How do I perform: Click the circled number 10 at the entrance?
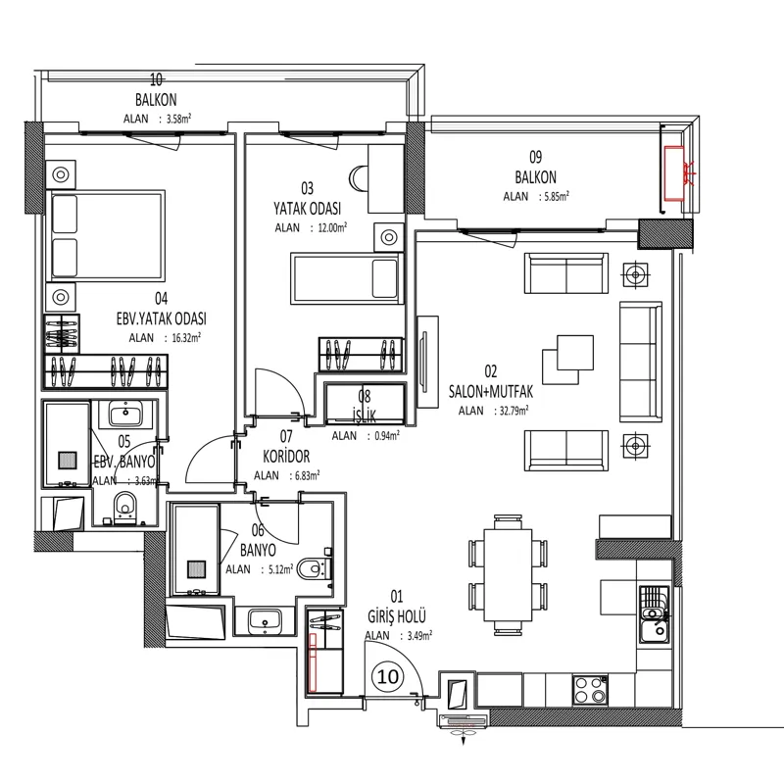[x=387, y=676]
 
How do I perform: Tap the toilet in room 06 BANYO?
[x=314, y=568]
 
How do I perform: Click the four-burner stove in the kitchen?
[x=590, y=690]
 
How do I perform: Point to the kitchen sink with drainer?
[x=654, y=613]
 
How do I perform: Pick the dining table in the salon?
[x=508, y=574]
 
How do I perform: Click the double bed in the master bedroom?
[x=106, y=235]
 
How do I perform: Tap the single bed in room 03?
[x=347, y=278]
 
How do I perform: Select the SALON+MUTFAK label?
[x=491, y=391]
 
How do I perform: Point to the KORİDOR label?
[x=286, y=456]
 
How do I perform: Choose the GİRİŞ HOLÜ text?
[x=397, y=616]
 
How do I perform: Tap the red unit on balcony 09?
[x=673, y=173]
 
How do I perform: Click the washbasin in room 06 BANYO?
[x=265, y=620]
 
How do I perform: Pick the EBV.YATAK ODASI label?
[x=161, y=318]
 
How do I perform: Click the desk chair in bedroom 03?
[x=358, y=178]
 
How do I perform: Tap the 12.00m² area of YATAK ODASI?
[x=332, y=228]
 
